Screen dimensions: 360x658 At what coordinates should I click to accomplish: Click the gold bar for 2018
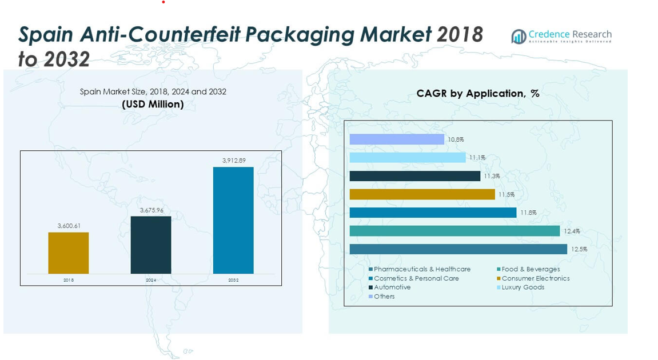pyautogui.click(x=68, y=253)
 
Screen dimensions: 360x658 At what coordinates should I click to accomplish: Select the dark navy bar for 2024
pyautogui.click(x=151, y=245)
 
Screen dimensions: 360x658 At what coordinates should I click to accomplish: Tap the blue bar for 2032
pyautogui.click(x=233, y=220)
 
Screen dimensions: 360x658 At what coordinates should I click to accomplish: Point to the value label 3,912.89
pyautogui.click(x=234, y=161)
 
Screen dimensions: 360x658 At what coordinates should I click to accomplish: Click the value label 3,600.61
pyautogui.click(x=69, y=226)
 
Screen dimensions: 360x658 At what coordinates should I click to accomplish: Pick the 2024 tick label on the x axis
pyautogui.click(x=151, y=280)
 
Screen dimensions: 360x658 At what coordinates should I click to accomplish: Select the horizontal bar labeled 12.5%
pyautogui.click(x=458, y=249)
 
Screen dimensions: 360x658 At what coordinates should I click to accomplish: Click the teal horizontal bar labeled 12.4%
pyautogui.click(x=454, y=231)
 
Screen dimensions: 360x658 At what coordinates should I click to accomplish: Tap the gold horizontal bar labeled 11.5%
pyautogui.click(x=422, y=194)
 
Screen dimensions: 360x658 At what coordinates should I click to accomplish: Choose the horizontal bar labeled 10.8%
pyautogui.click(x=397, y=139)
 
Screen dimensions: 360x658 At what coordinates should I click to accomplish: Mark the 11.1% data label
pyautogui.click(x=477, y=158)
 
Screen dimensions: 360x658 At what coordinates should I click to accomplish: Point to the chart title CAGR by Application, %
pyautogui.click(x=478, y=93)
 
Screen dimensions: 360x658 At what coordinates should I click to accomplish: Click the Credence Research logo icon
pyautogui.click(x=519, y=37)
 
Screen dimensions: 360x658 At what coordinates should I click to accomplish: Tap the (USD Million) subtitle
pyautogui.click(x=153, y=104)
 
